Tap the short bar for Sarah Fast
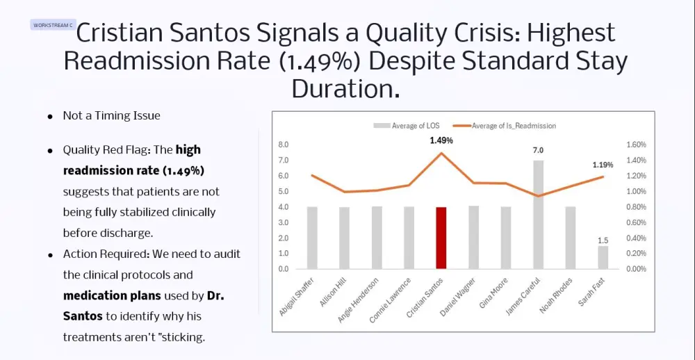tap(603, 257)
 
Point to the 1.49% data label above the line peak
tap(441, 140)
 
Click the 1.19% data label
tap(603, 165)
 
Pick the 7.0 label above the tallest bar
tap(538, 150)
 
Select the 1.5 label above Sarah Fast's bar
tap(603, 240)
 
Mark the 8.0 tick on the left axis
tap(284, 145)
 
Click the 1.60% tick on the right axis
tap(636, 145)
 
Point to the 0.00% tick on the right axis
tap(636, 269)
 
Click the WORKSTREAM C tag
tap(53, 25)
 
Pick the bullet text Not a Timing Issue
tap(111, 116)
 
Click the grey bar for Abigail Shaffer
tap(312, 238)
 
